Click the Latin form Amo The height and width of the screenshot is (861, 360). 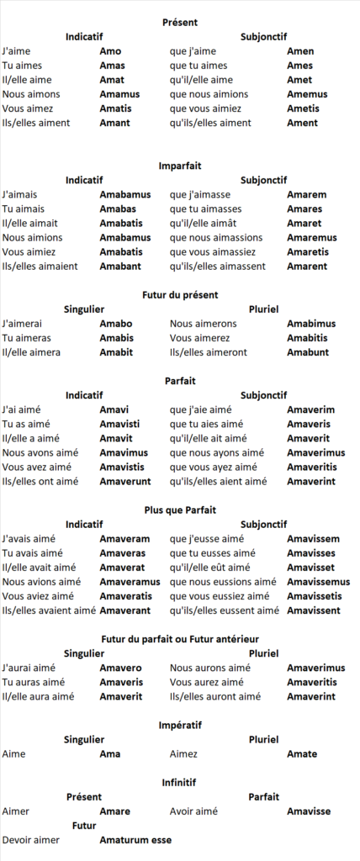point(110,51)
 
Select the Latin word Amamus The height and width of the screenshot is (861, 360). point(119,94)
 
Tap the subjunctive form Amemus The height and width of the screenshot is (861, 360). point(307,94)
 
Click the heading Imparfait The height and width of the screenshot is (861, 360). point(180,166)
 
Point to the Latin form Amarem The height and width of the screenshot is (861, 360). point(306,195)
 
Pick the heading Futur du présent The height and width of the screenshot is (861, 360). point(180,295)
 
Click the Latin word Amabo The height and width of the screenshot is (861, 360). point(116,324)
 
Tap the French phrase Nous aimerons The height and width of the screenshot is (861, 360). point(203,324)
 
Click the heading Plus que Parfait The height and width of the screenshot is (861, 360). point(180,510)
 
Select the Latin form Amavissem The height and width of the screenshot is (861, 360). point(313,539)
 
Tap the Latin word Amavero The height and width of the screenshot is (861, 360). point(120,668)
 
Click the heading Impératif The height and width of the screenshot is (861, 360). point(180,725)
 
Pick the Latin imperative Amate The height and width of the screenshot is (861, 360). point(302,754)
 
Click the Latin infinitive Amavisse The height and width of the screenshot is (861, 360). point(308,811)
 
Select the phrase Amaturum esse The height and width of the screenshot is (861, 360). point(135,840)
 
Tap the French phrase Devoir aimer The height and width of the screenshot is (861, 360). point(31,840)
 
